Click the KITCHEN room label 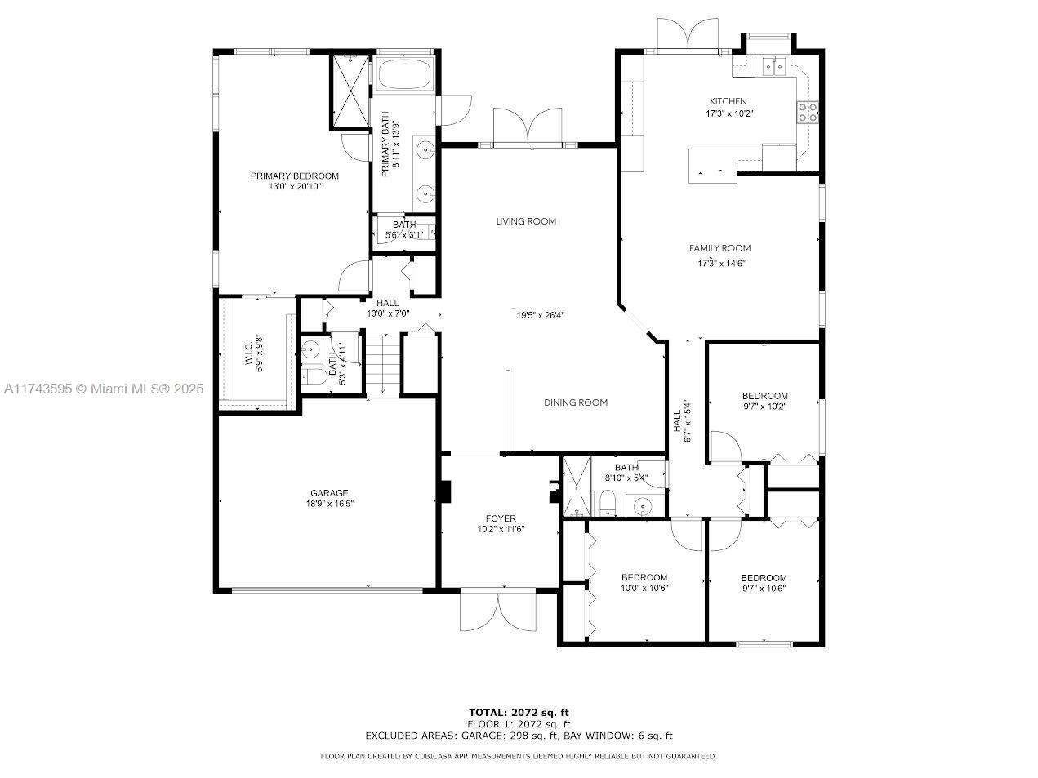[728, 101]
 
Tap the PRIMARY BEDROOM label [294, 176]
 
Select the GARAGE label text [329, 493]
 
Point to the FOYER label [501, 518]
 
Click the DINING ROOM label [576, 402]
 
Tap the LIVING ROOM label [526, 221]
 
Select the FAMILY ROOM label [719, 248]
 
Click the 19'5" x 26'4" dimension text [540, 315]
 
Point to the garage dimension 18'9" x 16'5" [330, 504]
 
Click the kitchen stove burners [808, 113]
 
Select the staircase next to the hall [382, 363]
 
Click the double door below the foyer [498, 612]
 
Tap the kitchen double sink [774, 67]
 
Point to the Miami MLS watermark [104, 389]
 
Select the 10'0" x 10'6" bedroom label [644, 582]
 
